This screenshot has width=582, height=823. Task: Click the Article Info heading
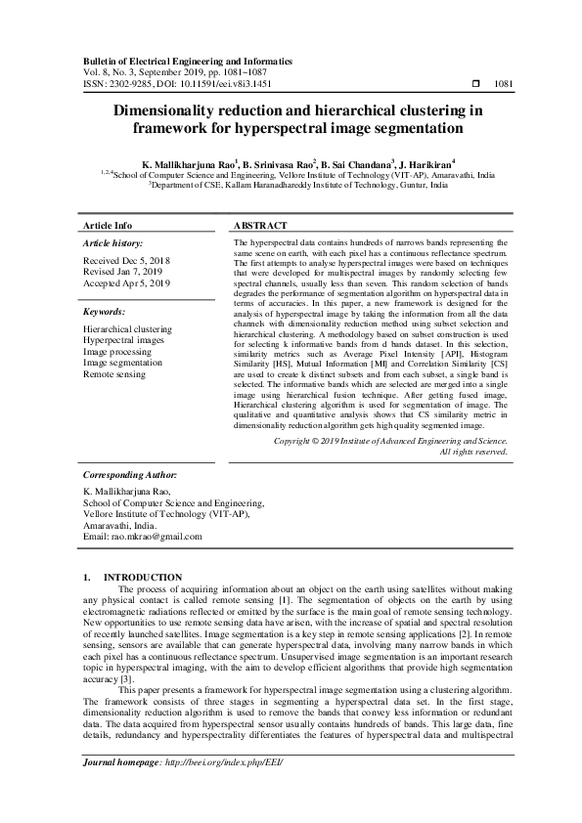click(109, 225)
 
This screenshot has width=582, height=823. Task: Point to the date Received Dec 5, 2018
click(127, 261)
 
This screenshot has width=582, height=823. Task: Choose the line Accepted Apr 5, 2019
click(127, 283)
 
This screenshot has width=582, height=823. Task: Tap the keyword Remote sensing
click(115, 374)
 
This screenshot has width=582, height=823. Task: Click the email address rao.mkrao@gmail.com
click(161, 537)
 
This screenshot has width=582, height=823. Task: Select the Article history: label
click(113, 241)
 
